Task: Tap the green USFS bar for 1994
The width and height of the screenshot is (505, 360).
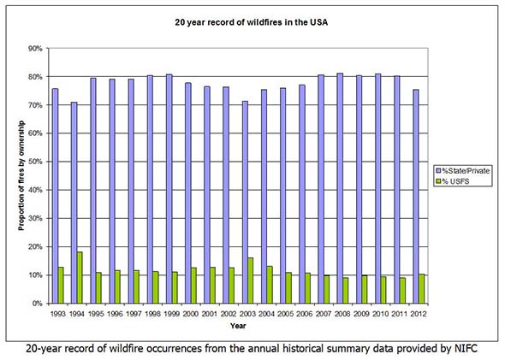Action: click(x=80, y=277)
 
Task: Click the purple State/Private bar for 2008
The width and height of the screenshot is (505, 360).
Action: click(x=339, y=188)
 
